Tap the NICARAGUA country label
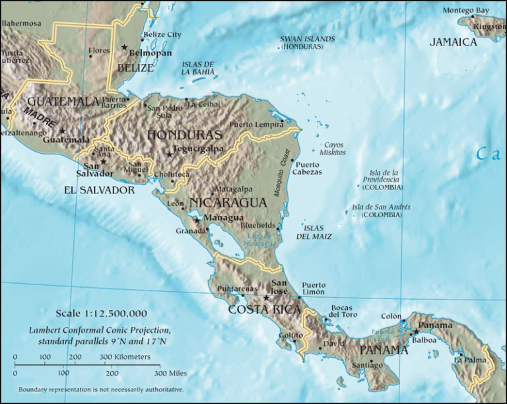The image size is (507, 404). (227, 202)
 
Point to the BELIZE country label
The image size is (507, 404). (135, 67)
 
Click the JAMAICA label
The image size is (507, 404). (454, 42)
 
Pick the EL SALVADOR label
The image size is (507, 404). (99, 190)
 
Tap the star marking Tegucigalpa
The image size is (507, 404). (170, 154)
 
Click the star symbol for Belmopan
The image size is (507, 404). (124, 48)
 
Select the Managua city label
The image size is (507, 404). (224, 218)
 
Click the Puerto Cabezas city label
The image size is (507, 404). (308, 168)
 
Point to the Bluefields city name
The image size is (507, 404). (259, 225)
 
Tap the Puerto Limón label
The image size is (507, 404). (314, 288)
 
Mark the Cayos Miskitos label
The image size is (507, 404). (333, 149)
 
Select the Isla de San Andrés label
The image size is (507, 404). (381, 211)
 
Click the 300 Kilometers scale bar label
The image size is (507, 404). (125, 357)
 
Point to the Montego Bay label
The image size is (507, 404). (466, 11)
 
